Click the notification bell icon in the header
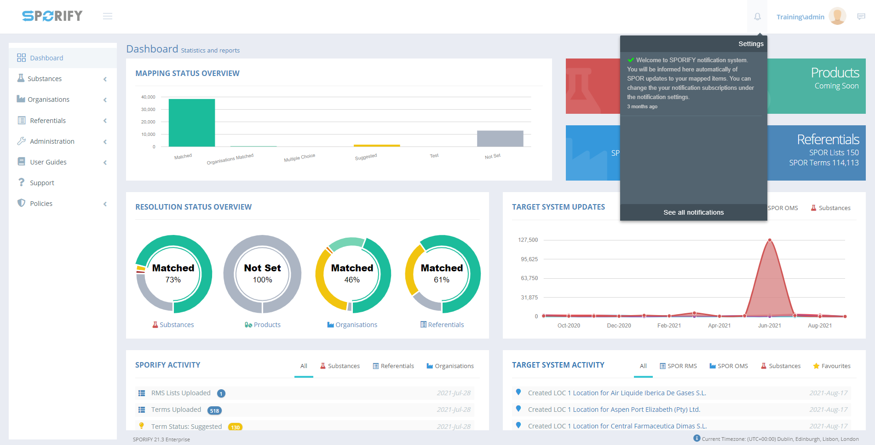(757, 17)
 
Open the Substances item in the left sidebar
(45, 79)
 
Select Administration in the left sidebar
(52, 141)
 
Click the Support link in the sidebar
(42, 183)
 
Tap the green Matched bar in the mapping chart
(191, 123)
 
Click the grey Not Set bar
(500, 138)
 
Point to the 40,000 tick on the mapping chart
(148, 97)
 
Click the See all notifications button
(693, 212)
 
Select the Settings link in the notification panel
(751, 44)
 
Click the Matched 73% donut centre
(173, 274)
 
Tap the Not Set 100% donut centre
(262, 274)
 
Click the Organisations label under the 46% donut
(356, 325)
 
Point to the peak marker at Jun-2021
(770, 240)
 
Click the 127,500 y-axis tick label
(528, 240)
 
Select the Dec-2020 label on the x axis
(619, 326)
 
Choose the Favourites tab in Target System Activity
(832, 366)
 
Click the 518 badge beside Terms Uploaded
(214, 410)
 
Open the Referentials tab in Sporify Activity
(393, 366)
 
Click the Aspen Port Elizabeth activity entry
(614, 410)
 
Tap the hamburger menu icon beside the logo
(108, 17)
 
